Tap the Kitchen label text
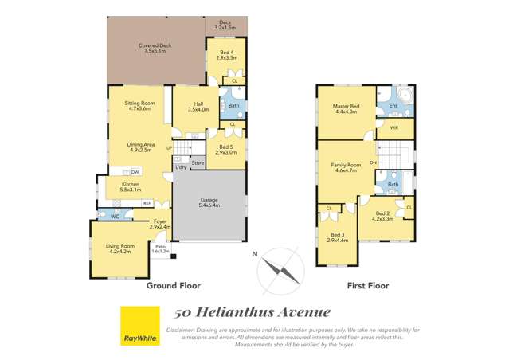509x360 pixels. pyautogui.click(x=131, y=186)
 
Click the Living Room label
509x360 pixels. pyautogui.click(x=120, y=246)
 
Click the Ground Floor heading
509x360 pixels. pyautogui.click(x=173, y=285)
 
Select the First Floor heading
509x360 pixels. pyautogui.click(x=366, y=285)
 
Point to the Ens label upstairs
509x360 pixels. pyautogui.click(x=393, y=106)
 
